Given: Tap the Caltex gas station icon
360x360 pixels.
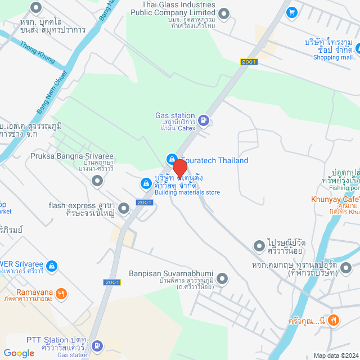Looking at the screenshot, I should pyautogui.click(x=204, y=119).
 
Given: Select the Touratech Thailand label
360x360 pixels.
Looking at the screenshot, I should pyautogui.click(x=214, y=160).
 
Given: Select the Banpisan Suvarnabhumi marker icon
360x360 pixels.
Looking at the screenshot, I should pyautogui.click(x=223, y=278).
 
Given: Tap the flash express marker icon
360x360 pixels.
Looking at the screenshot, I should pyautogui.click(x=124, y=209).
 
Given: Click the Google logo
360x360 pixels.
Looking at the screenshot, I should pyautogui.click(x=19, y=353).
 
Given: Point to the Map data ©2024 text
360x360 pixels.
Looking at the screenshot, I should pyautogui.click(x=336, y=355).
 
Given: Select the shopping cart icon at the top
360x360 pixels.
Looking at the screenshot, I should pyautogui.click(x=291, y=12).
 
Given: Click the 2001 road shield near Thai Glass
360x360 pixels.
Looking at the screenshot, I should pyautogui.click(x=249, y=62).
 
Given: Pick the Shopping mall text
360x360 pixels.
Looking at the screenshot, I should pyautogui.click(x=332, y=57).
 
